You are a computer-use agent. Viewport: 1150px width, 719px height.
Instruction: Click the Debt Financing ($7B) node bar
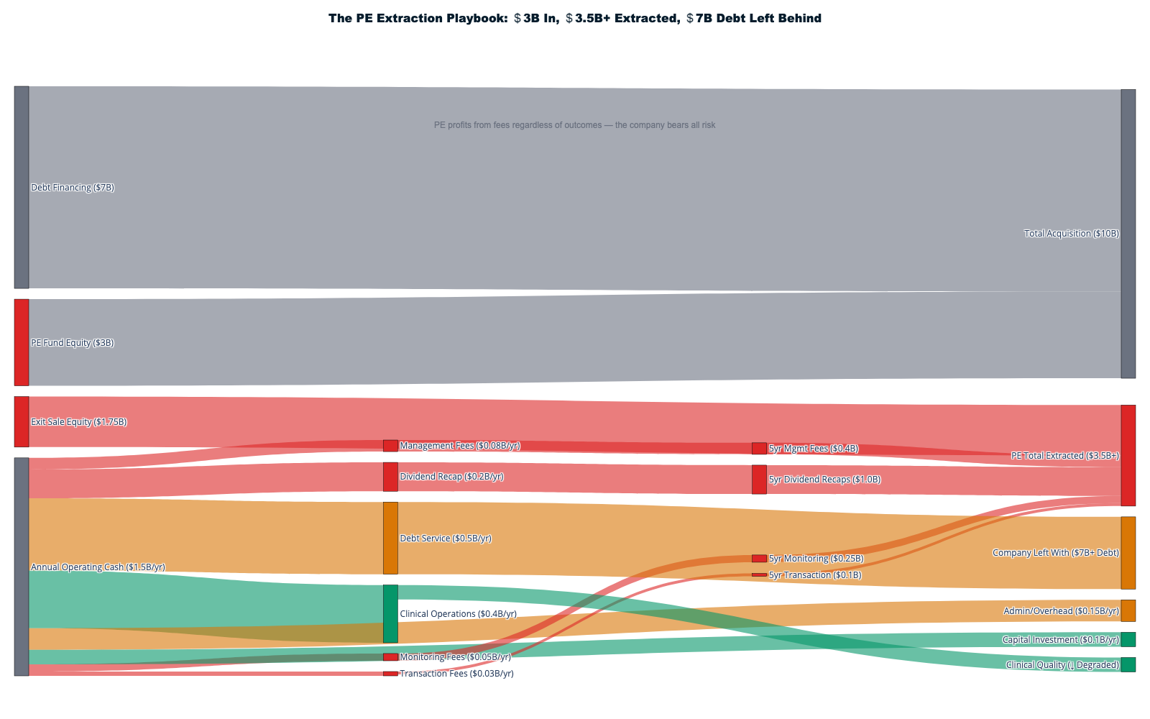click(22, 187)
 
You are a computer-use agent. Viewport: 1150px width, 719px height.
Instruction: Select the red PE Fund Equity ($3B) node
click(22, 342)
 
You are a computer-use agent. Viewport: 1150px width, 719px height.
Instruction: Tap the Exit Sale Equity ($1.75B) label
click(79, 422)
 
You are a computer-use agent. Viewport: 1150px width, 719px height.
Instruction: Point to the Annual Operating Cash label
click(98, 567)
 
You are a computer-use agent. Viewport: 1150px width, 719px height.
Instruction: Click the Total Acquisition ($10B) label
click(1071, 234)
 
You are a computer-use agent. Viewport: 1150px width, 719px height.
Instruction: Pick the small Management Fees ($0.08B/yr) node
click(390, 446)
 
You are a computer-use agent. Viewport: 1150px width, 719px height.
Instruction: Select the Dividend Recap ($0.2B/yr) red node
click(390, 477)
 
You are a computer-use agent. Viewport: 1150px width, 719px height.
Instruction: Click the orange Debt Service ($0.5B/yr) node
click(390, 538)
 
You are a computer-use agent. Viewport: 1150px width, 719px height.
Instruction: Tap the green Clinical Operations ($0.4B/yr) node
click(390, 613)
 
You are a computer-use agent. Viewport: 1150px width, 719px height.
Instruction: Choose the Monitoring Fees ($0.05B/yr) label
click(455, 657)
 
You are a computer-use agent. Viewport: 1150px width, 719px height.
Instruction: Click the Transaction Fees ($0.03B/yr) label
click(456, 674)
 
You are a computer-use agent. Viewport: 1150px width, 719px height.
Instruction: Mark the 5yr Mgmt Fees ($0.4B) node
click(759, 449)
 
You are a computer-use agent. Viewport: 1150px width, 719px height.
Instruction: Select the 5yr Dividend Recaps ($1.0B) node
click(759, 480)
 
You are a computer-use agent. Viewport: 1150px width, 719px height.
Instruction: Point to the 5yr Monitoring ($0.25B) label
click(816, 559)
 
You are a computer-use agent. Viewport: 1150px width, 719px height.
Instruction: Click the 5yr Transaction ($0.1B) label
click(815, 575)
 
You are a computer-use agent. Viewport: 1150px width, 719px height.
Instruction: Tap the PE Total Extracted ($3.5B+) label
click(1064, 456)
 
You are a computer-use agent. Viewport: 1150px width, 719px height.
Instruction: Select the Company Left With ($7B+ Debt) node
click(1128, 552)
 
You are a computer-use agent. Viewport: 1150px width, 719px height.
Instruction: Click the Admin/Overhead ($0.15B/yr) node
click(1128, 610)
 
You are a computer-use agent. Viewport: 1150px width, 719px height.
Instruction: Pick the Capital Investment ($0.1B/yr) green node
click(1128, 639)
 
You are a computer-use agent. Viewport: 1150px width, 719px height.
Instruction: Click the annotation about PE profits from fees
click(574, 125)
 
